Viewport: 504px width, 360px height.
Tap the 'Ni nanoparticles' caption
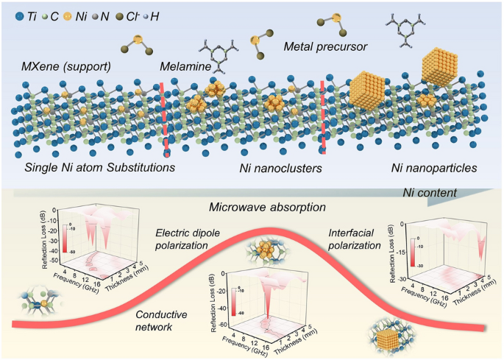coord(433,168)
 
